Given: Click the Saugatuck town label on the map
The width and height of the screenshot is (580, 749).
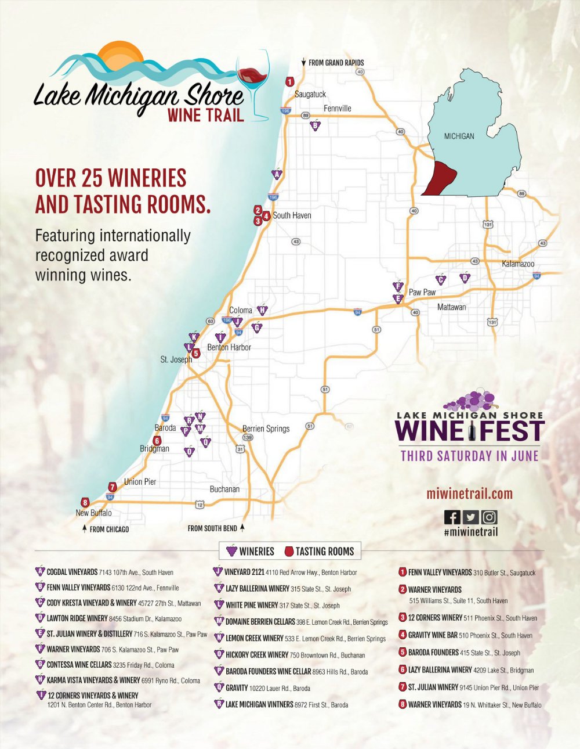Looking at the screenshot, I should tap(310, 94).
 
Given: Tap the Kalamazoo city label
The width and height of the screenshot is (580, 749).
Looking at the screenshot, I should tap(518, 264).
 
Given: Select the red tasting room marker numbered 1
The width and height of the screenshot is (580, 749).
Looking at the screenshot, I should tap(290, 82).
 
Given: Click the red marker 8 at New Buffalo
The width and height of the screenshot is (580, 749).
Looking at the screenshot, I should tap(85, 502).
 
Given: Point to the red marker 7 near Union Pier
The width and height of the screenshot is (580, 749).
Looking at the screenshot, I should tap(113, 487).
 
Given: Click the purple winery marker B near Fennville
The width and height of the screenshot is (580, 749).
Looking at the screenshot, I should tap(316, 125).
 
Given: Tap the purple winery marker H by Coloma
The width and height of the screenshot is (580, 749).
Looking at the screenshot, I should tap(262, 310).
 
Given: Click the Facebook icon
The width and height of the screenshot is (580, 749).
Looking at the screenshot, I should tap(452, 517).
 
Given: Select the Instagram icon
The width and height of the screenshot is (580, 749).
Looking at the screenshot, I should tap(490, 517).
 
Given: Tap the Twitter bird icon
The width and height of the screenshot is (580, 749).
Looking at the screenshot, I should tap(470, 517).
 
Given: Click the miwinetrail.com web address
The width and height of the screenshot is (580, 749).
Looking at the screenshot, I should tap(469, 494).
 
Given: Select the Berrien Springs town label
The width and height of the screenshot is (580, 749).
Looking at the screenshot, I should tap(266, 428).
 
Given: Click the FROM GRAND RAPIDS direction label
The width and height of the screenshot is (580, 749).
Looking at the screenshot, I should tap(336, 63).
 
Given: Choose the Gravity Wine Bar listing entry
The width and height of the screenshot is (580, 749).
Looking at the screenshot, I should tap(469, 635).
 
